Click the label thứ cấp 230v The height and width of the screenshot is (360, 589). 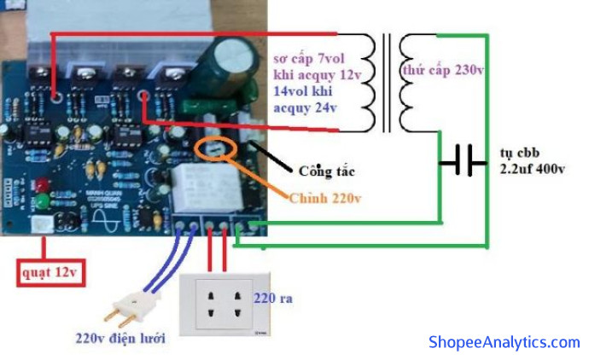coord(444,70)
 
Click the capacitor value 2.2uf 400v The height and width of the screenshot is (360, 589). coord(533,169)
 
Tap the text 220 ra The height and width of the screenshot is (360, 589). coord(274,299)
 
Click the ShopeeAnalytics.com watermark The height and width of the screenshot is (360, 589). coord(504,342)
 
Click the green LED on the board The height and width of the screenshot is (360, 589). coord(40,202)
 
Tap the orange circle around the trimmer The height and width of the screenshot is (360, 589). coord(216,149)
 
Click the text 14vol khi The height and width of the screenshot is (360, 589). coord(306,91)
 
